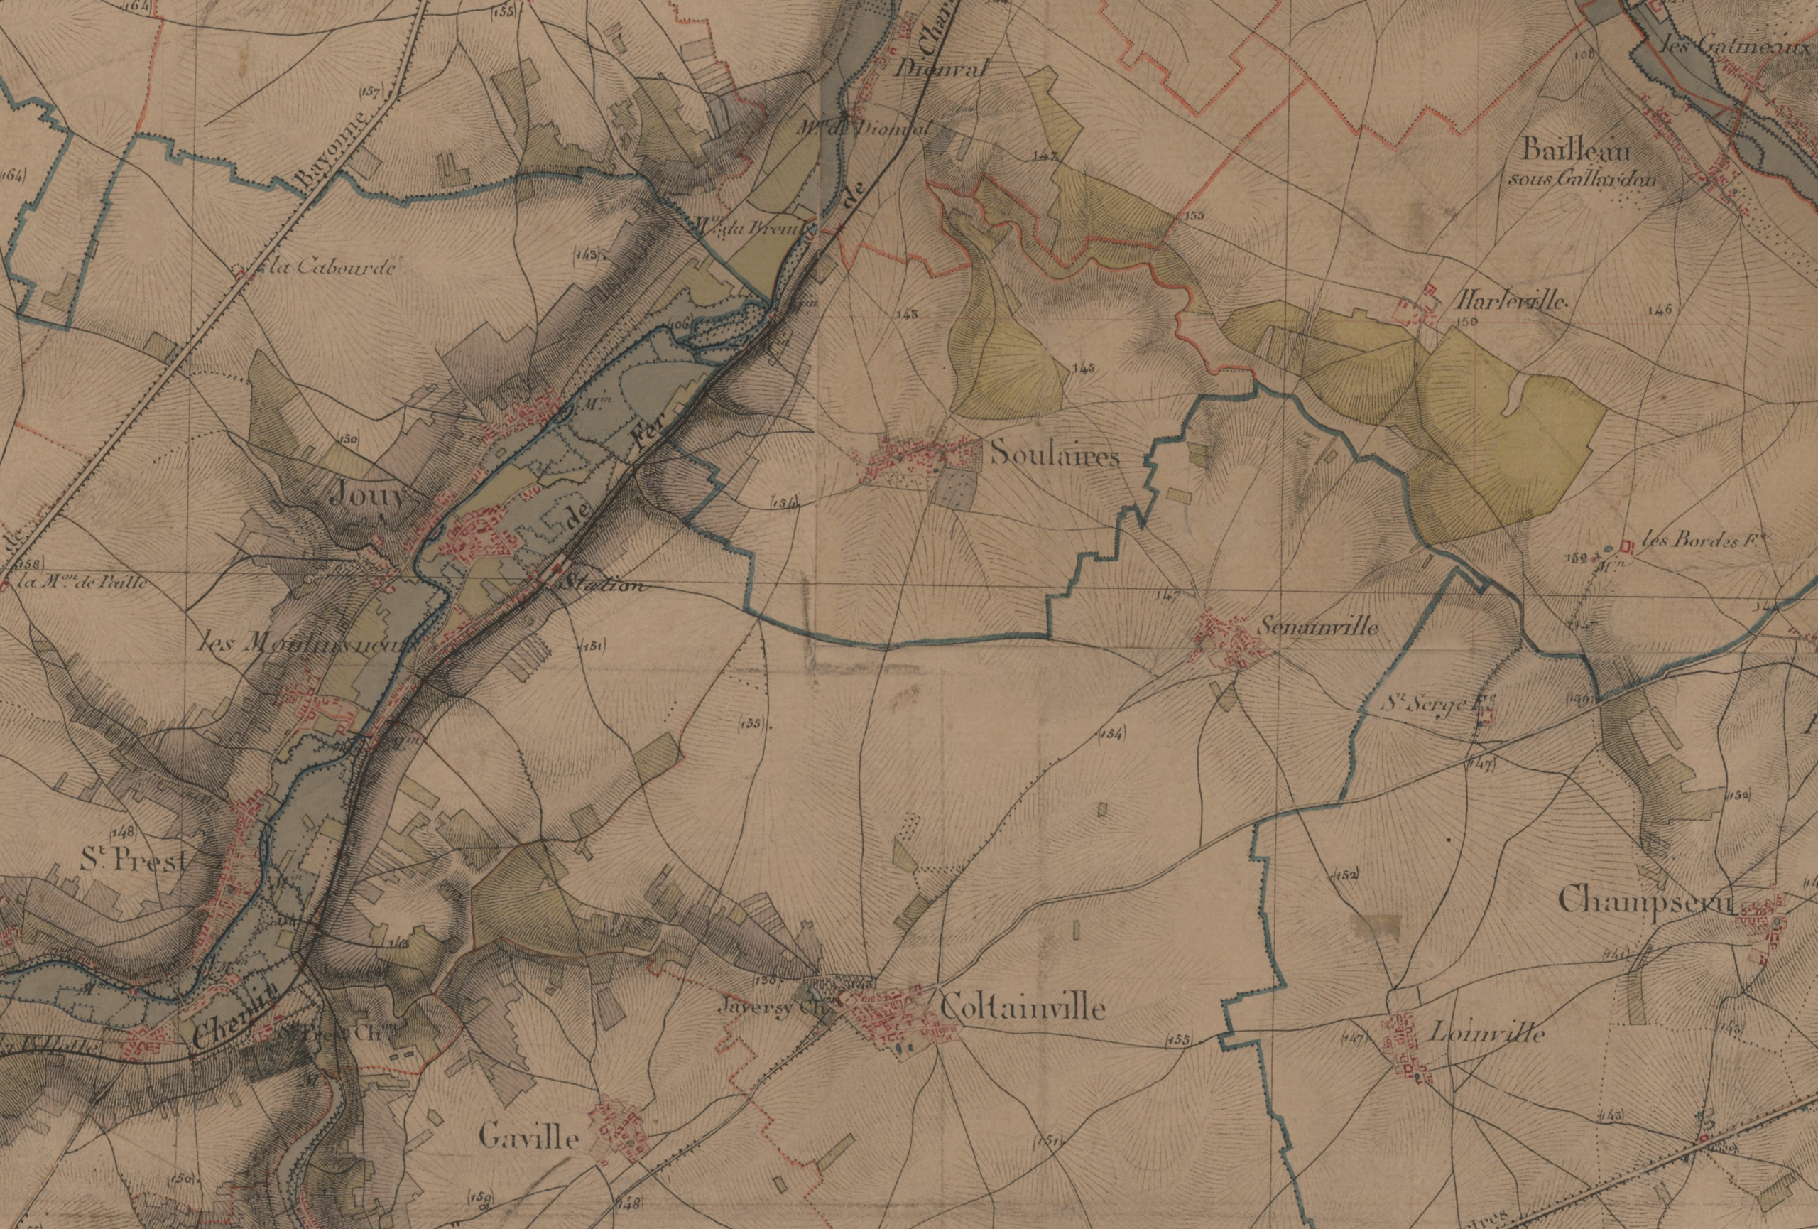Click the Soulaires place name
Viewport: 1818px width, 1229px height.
tap(1054, 456)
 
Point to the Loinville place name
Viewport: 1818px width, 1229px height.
tap(1486, 1035)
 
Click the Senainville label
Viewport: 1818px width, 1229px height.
tap(1317, 628)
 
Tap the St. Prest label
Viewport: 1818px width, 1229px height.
tap(134, 860)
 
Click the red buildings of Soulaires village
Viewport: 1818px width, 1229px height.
tap(911, 458)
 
